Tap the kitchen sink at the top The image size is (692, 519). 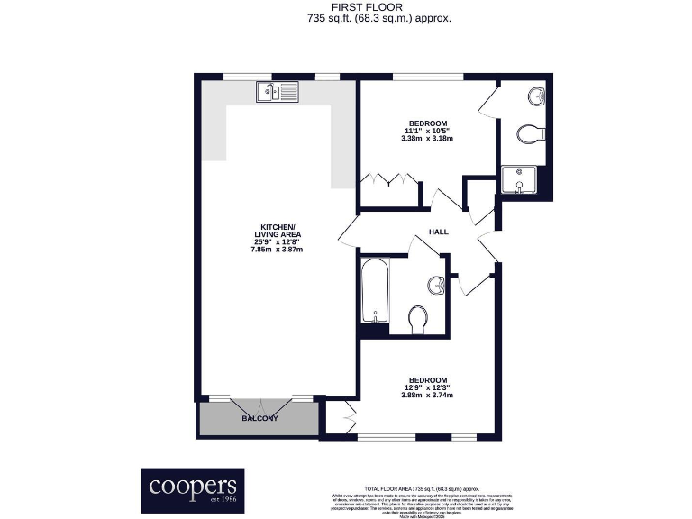click(x=277, y=90)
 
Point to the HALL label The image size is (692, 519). click(x=438, y=232)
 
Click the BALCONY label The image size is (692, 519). click(x=259, y=419)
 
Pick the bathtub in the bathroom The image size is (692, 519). click(x=373, y=290)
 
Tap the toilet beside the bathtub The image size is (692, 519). click(x=417, y=319)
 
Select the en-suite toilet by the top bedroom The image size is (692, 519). click(x=529, y=134)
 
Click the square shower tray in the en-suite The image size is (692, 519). click(x=520, y=180)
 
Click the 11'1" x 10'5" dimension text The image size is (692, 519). click(x=428, y=131)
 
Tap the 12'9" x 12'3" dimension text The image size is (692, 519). click(x=428, y=387)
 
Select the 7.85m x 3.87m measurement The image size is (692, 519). click(x=276, y=249)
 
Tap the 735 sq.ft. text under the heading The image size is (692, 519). click(x=378, y=17)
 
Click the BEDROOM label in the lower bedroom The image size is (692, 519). click(x=428, y=379)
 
